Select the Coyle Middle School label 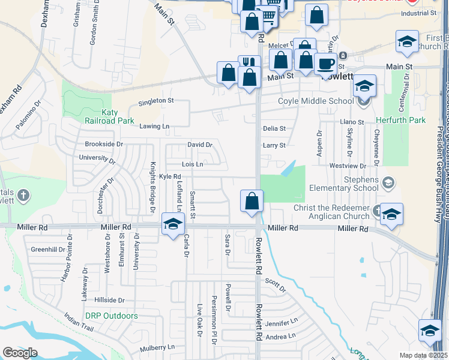315,101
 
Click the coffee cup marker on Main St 325,64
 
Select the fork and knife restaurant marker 249,65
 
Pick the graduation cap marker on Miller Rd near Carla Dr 173,223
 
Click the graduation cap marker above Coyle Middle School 364,86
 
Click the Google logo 20,353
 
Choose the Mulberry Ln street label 157,347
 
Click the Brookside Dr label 104,144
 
